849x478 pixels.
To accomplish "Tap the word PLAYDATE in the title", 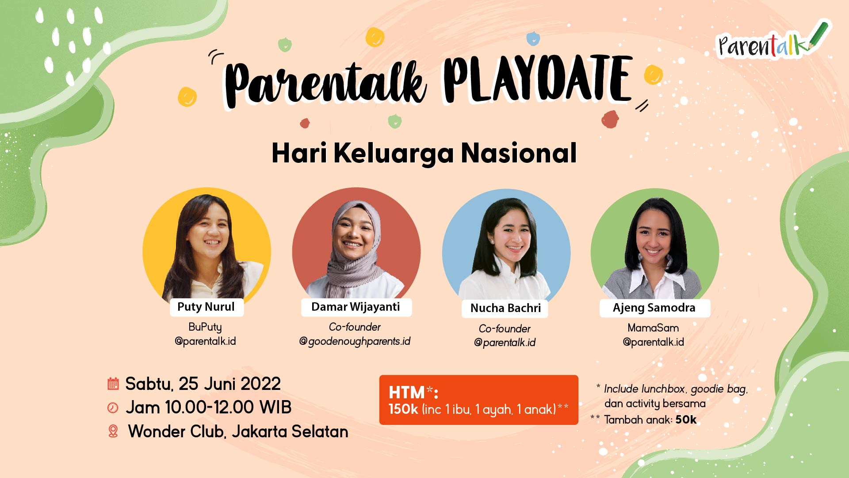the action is click(x=538, y=80).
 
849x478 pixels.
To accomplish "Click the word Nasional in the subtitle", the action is click(x=519, y=153).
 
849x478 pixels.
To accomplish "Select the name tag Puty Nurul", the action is click(x=207, y=307).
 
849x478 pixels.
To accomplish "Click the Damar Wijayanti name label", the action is click(x=356, y=307).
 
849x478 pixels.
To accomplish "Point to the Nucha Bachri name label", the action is click(x=505, y=308).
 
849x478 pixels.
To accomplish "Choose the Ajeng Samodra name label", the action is click(x=654, y=308).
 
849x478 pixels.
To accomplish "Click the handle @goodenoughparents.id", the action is click(x=355, y=341).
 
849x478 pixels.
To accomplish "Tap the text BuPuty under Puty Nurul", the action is click(x=205, y=327).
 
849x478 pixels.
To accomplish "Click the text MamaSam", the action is click(x=653, y=328).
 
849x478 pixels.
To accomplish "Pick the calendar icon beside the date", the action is click(x=113, y=384).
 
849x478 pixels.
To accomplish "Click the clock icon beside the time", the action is click(x=113, y=408).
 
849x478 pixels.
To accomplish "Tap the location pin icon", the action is click(x=113, y=431).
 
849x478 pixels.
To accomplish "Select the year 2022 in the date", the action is click(x=261, y=384).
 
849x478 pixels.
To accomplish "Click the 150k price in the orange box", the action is click(x=403, y=409).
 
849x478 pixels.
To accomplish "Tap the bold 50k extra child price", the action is click(x=686, y=420).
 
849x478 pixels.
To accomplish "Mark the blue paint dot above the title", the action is click(x=533, y=39).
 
